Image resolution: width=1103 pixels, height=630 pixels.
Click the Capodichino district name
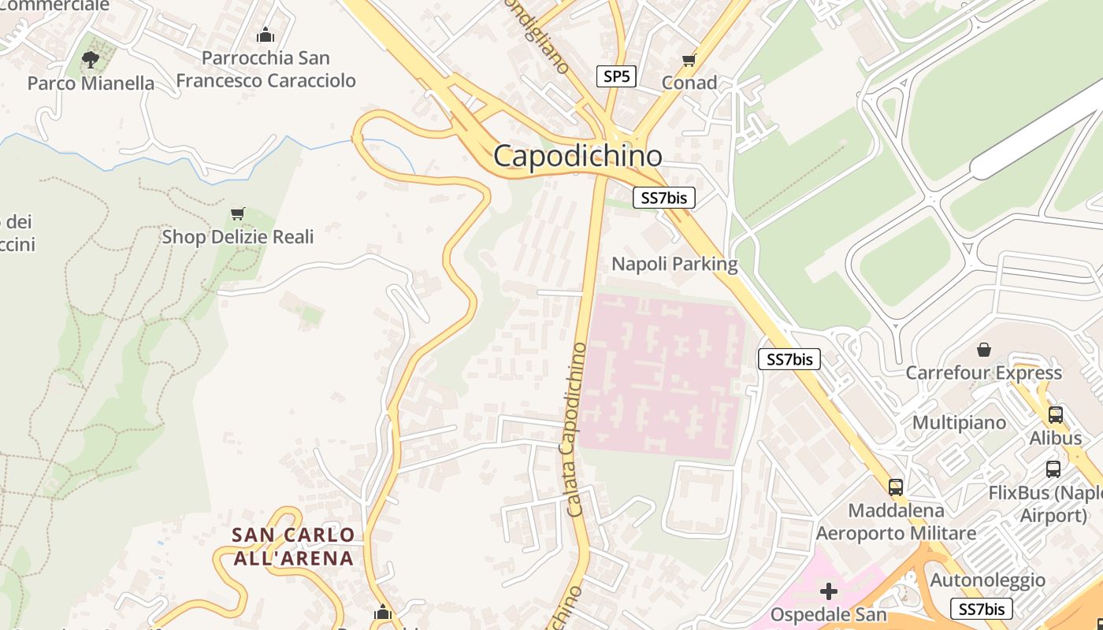(x=577, y=156)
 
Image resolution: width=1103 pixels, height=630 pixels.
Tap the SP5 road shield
(x=616, y=76)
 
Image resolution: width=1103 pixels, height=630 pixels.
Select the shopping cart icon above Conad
(x=689, y=60)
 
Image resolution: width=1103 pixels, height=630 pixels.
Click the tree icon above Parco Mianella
(x=91, y=59)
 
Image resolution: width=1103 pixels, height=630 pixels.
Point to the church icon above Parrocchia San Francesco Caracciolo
(x=266, y=35)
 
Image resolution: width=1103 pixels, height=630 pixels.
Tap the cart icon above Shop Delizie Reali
(x=237, y=213)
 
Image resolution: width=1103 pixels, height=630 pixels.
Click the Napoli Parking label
(x=674, y=264)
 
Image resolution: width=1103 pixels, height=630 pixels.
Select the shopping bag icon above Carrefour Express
(x=983, y=349)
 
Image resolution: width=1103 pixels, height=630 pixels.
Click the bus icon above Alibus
(x=1056, y=415)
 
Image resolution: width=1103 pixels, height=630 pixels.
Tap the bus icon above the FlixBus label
(x=1053, y=469)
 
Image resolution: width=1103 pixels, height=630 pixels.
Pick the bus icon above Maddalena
(x=896, y=487)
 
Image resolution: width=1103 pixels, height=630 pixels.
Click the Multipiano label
(x=959, y=423)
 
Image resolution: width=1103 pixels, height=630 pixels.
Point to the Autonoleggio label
(x=988, y=580)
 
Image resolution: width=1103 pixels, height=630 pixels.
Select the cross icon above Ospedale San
(x=828, y=591)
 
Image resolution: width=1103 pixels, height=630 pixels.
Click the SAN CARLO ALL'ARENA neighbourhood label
(x=293, y=547)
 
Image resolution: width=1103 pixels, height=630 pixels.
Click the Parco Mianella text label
(x=91, y=83)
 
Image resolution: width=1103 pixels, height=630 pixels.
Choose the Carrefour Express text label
(x=983, y=372)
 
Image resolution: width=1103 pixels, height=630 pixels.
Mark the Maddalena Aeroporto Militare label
(x=896, y=522)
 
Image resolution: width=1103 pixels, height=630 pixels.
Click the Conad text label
(x=689, y=83)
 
